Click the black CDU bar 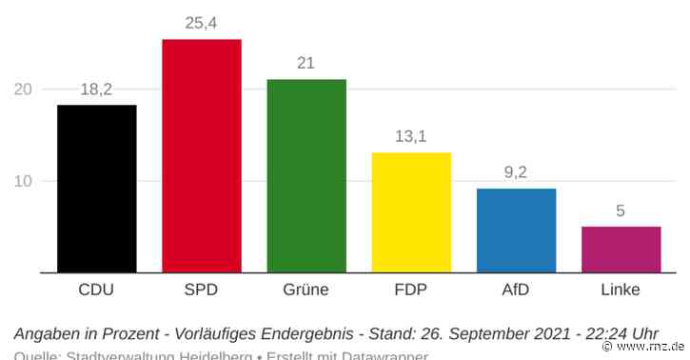point(96,189)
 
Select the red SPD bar point(201,156)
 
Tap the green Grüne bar point(306,176)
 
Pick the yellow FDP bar point(410,212)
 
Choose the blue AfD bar point(516,230)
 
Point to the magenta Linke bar point(621,250)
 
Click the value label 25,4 point(201,23)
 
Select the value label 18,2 point(96,89)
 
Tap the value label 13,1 point(410,136)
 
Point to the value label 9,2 point(516,172)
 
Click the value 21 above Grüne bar point(306,63)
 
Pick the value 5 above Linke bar point(621,210)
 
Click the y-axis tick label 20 point(23,90)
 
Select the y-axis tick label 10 point(23,181)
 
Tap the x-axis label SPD point(201,290)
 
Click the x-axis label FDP point(410,290)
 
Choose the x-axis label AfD point(516,290)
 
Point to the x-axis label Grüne point(306,290)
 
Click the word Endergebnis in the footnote point(305,334)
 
